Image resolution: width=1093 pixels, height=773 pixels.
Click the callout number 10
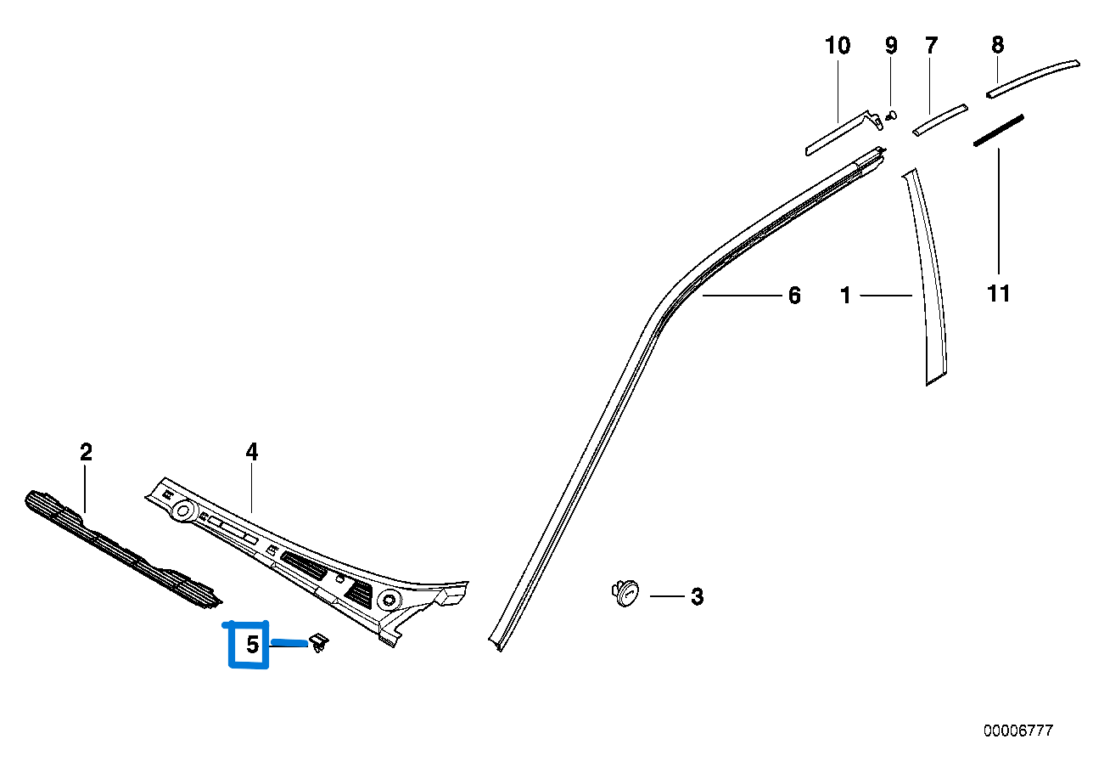(838, 46)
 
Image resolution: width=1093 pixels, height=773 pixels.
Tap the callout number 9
(891, 46)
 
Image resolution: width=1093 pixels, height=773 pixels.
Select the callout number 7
(932, 46)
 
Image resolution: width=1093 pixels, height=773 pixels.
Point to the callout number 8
(998, 44)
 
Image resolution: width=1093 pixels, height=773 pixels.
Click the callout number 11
(999, 294)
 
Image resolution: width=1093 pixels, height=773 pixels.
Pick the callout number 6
(794, 296)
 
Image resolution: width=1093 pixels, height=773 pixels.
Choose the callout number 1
(845, 296)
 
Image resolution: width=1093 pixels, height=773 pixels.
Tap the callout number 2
(86, 453)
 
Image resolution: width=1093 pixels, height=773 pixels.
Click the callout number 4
(252, 453)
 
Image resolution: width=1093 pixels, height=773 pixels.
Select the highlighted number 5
(252, 645)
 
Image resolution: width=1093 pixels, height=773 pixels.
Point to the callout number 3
(697, 596)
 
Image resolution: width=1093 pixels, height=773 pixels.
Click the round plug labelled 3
(626, 593)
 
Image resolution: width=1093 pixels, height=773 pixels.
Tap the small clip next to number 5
(320, 643)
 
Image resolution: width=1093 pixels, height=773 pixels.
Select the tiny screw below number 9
(891, 116)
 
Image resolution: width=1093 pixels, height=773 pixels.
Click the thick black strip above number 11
(999, 130)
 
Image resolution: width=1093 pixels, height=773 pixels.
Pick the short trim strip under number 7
(939, 120)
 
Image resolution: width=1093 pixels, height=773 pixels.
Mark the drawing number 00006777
(1018, 731)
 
